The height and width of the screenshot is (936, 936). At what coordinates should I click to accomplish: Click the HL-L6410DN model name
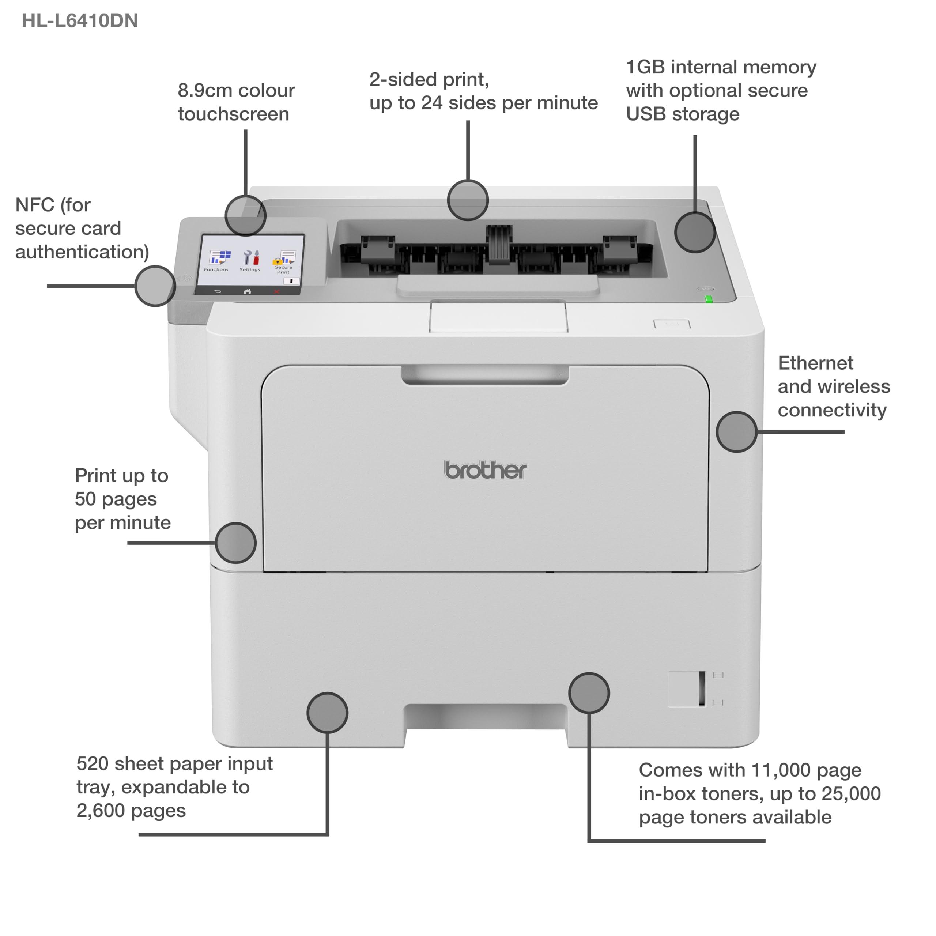(80, 21)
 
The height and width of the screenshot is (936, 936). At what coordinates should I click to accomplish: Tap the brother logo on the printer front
(486, 471)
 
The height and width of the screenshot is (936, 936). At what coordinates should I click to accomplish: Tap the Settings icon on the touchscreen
(250, 259)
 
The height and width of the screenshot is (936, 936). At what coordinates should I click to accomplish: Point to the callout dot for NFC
(155, 286)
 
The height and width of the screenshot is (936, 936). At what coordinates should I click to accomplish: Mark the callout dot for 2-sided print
(468, 200)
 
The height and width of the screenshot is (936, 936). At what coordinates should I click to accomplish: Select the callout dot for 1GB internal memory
(695, 233)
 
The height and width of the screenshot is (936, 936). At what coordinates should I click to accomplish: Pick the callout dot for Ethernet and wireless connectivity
(736, 432)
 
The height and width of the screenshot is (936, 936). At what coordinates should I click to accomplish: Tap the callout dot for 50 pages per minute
(235, 543)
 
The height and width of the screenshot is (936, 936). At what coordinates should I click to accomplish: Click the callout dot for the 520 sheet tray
(328, 712)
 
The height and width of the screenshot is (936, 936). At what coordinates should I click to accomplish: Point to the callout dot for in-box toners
(589, 693)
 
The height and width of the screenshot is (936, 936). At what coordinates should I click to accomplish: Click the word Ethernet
(815, 363)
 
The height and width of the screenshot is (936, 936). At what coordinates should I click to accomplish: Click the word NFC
(35, 205)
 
